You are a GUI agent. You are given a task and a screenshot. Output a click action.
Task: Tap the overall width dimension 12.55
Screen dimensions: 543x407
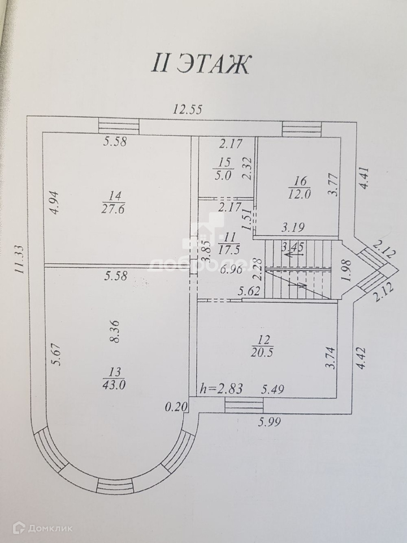pyautogui.click(x=188, y=110)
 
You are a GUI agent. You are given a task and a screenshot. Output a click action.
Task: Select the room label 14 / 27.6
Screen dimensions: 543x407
pyautogui.click(x=115, y=202)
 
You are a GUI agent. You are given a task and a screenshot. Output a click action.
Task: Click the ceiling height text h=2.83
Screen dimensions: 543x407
pyautogui.click(x=218, y=389)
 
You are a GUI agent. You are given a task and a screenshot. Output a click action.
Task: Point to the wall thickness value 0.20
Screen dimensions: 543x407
pyautogui.click(x=174, y=407)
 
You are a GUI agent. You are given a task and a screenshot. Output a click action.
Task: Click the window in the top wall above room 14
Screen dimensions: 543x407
pyautogui.click(x=119, y=125)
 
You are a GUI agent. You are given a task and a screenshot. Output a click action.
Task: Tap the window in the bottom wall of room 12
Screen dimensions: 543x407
pyautogui.click(x=244, y=404)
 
